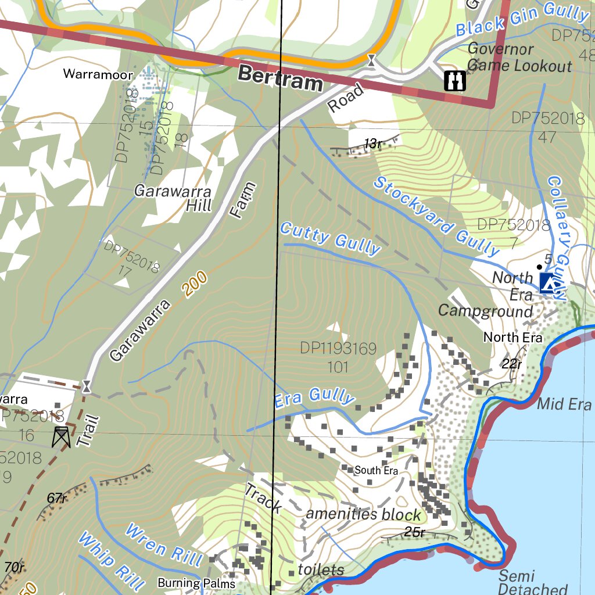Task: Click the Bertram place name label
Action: click(x=279, y=78)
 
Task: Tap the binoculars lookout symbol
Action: click(x=454, y=81)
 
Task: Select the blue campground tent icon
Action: click(x=548, y=283)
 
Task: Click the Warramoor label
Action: click(x=98, y=74)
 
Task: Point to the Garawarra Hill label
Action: click(x=173, y=198)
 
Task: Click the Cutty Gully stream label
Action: click(x=329, y=238)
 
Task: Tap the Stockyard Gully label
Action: click(x=436, y=216)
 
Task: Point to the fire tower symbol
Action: click(x=60, y=436)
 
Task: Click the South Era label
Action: click(x=376, y=470)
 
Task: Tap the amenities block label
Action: click(x=363, y=514)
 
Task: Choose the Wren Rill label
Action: click(x=163, y=545)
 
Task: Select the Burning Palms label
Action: click(x=196, y=583)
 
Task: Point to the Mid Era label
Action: click(x=564, y=404)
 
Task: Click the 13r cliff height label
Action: click(x=372, y=144)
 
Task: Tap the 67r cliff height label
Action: click(x=57, y=497)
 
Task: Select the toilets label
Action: click(x=321, y=569)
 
